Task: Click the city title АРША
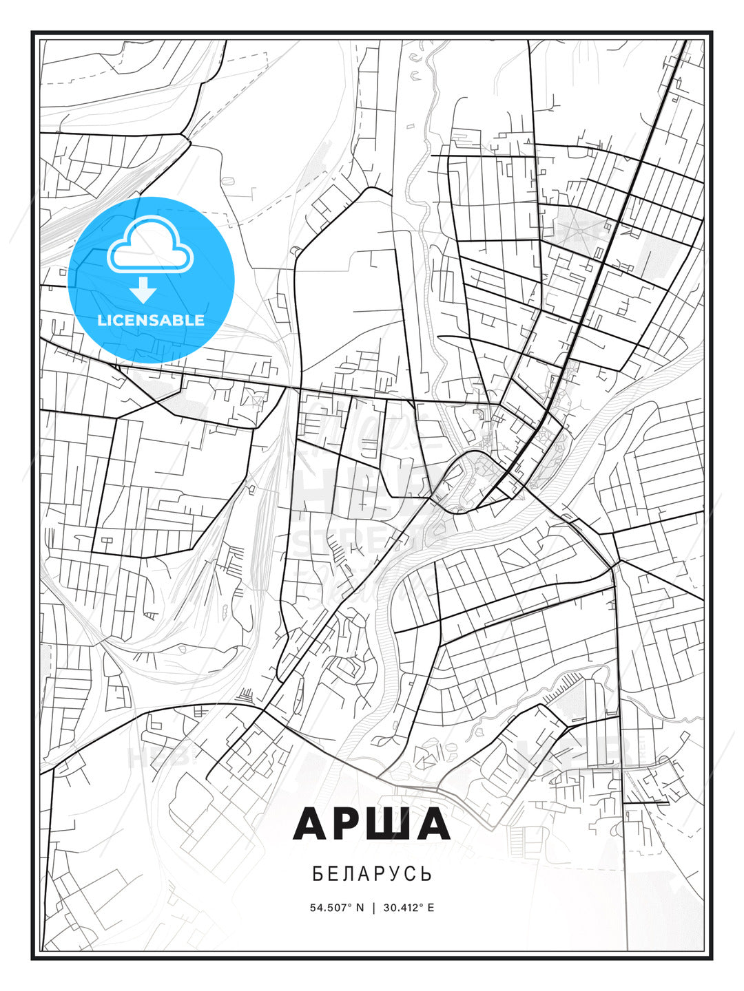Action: point(371,824)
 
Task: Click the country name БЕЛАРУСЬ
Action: point(372,874)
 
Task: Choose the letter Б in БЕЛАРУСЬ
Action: point(318,874)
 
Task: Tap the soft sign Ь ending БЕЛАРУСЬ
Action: point(427,874)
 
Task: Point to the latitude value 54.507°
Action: point(331,907)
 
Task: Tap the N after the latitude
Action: point(359,907)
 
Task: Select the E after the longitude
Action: point(431,907)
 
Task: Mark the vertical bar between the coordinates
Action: point(373,907)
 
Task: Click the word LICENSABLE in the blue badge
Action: point(151,320)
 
